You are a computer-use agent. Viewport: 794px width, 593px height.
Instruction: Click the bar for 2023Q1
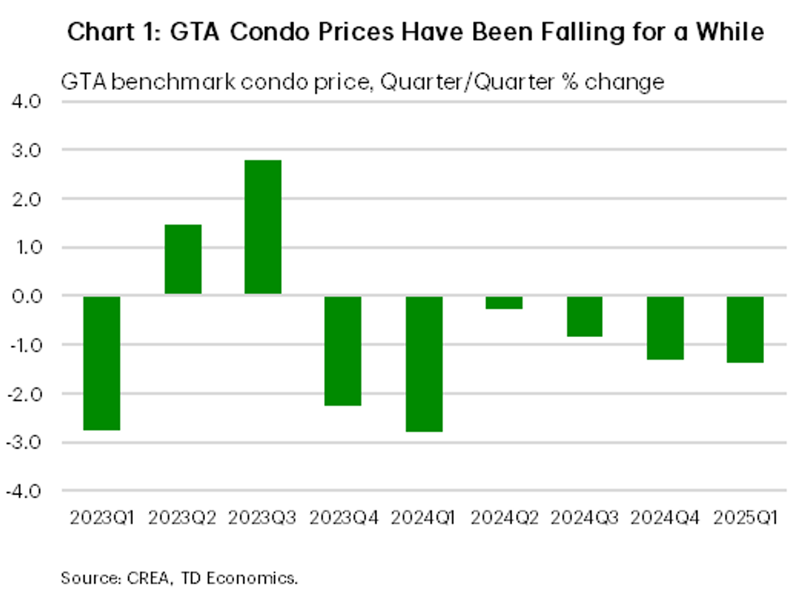click(x=102, y=363)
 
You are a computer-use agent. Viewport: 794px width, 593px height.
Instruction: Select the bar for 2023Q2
click(x=182, y=259)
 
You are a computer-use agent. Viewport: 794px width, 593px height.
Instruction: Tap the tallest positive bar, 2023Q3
click(x=263, y=227)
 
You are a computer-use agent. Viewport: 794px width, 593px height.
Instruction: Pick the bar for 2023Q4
click(x=343, y=351)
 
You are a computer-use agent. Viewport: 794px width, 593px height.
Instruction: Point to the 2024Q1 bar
click(x=423, y=364)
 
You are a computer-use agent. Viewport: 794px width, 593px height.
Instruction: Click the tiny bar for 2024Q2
click(x=503, y=302)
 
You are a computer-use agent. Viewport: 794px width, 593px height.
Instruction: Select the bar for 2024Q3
click(x=583, y=316)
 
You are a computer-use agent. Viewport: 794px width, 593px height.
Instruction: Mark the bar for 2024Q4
click(x=664, y=327)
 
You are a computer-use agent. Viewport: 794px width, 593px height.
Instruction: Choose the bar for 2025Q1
click(x=745, y=329)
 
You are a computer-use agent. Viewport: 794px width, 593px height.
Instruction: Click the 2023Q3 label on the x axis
click(x=263, y=516)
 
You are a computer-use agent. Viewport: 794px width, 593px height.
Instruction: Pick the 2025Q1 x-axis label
click(x=745, y=516)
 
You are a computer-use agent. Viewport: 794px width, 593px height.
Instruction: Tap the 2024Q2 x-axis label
click(x=503, y=516)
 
